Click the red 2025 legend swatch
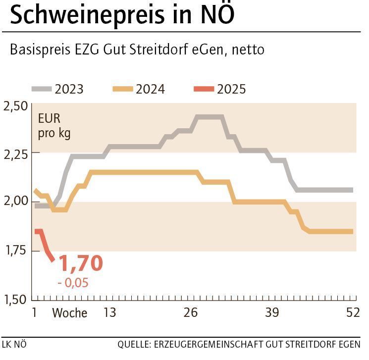[204, 89]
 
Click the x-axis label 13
[109, 312]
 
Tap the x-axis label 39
[271, 312]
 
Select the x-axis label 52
[352, 312]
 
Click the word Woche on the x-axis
[69, 313]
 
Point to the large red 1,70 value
[81, 263]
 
